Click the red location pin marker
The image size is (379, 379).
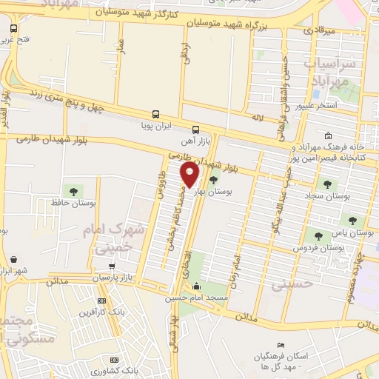pyautogui.click(x=190, y=175)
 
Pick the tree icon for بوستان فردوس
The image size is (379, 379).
pyautogui.click(x=318, y=236)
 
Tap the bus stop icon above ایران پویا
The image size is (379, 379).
pyautogui.click(x=155, y=115)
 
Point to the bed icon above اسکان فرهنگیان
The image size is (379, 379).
pyautogui.click(x=280, y=345)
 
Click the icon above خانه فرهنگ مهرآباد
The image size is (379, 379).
pyautogui.click(x=327, y=135)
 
